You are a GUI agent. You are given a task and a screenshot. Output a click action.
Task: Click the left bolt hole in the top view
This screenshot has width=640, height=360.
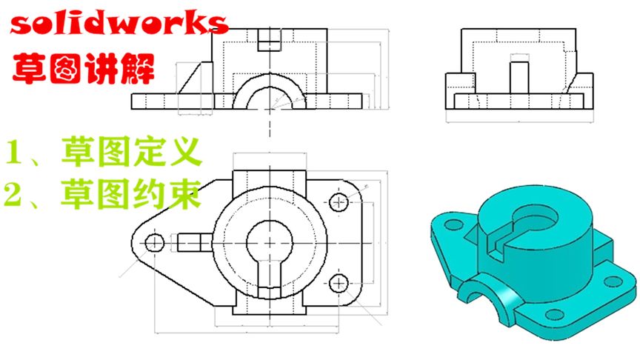click(x=155, y=242)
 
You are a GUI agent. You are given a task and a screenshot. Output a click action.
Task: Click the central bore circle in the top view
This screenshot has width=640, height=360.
click(x=270, y=241)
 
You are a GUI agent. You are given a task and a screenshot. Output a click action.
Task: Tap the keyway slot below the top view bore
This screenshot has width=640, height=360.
click(x=270, y=276)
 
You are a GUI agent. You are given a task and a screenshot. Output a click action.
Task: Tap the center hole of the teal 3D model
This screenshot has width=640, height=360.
click(x=537, y=216)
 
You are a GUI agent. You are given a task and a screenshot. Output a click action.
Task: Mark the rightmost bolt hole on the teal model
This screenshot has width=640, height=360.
click(x=613, y=281)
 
